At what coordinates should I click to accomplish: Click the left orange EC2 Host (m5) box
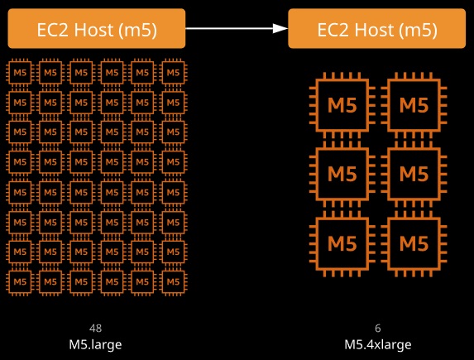97,28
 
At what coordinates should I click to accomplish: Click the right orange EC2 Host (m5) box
377,28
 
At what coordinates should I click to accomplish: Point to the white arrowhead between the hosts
280,28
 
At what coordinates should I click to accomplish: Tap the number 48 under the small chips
95,329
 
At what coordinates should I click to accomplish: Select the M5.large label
95,344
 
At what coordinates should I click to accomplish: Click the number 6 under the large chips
378,329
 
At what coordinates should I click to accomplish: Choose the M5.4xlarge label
378,344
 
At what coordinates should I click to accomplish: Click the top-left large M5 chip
342,105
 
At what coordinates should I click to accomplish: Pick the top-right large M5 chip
414,105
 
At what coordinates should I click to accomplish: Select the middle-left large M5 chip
342,174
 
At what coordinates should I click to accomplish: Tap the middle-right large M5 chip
414,174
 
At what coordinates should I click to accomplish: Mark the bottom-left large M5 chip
342,243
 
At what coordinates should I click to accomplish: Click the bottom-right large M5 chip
414,243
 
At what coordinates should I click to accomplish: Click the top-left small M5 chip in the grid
20,73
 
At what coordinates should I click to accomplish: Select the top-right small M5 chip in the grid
173,73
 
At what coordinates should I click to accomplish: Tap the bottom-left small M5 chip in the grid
20,282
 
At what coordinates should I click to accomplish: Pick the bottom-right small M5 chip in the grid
173,282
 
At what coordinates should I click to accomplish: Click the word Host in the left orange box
93,30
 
